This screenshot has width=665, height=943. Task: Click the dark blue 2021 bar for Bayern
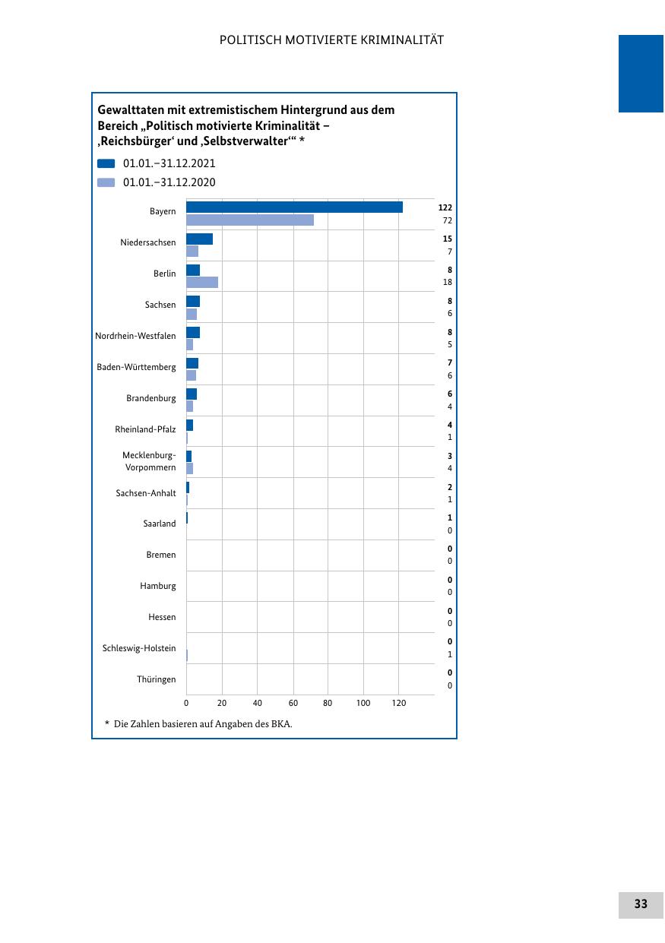pyautogui.click(x=294, y=207)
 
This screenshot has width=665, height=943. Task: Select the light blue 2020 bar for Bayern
pyautogui.click(x=250, y=220)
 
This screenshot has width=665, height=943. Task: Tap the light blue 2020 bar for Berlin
pyautogui.click(x=202, y=283)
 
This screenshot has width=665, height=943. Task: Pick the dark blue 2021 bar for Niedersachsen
pyautogui.click(x=199, y=239)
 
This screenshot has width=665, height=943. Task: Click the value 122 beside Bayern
pyautogui.click(x=445, y=207)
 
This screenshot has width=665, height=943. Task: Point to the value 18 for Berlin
pyautogui.click(x=448, y=283)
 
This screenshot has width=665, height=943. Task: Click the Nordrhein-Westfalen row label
pyautogui.click(x=135, y=336)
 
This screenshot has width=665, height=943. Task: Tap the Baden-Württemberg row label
pyautogui.click(x=136, y=367)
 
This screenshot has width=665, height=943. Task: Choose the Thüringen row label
pyautogui.click(x=157, y=679)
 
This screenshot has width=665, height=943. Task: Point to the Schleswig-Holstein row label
pyautogui.click(x=139, y=648)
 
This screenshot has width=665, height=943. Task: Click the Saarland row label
pyautogui.click(x=160, y=524)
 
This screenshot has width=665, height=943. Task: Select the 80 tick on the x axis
pyautogui.click(x=328, y=704)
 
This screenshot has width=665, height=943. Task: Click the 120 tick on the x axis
pyautogui.click(x=399, y=704)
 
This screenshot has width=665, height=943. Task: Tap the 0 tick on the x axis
pyautogui.click(x=186, y=704)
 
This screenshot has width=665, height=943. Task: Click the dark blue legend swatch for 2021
pyautogui.click(x=106, y=163)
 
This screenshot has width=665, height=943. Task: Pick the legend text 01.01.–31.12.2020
pyautogui.click(x=169, y=182)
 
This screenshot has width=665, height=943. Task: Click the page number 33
pyautogui.click(x=641, y=904)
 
